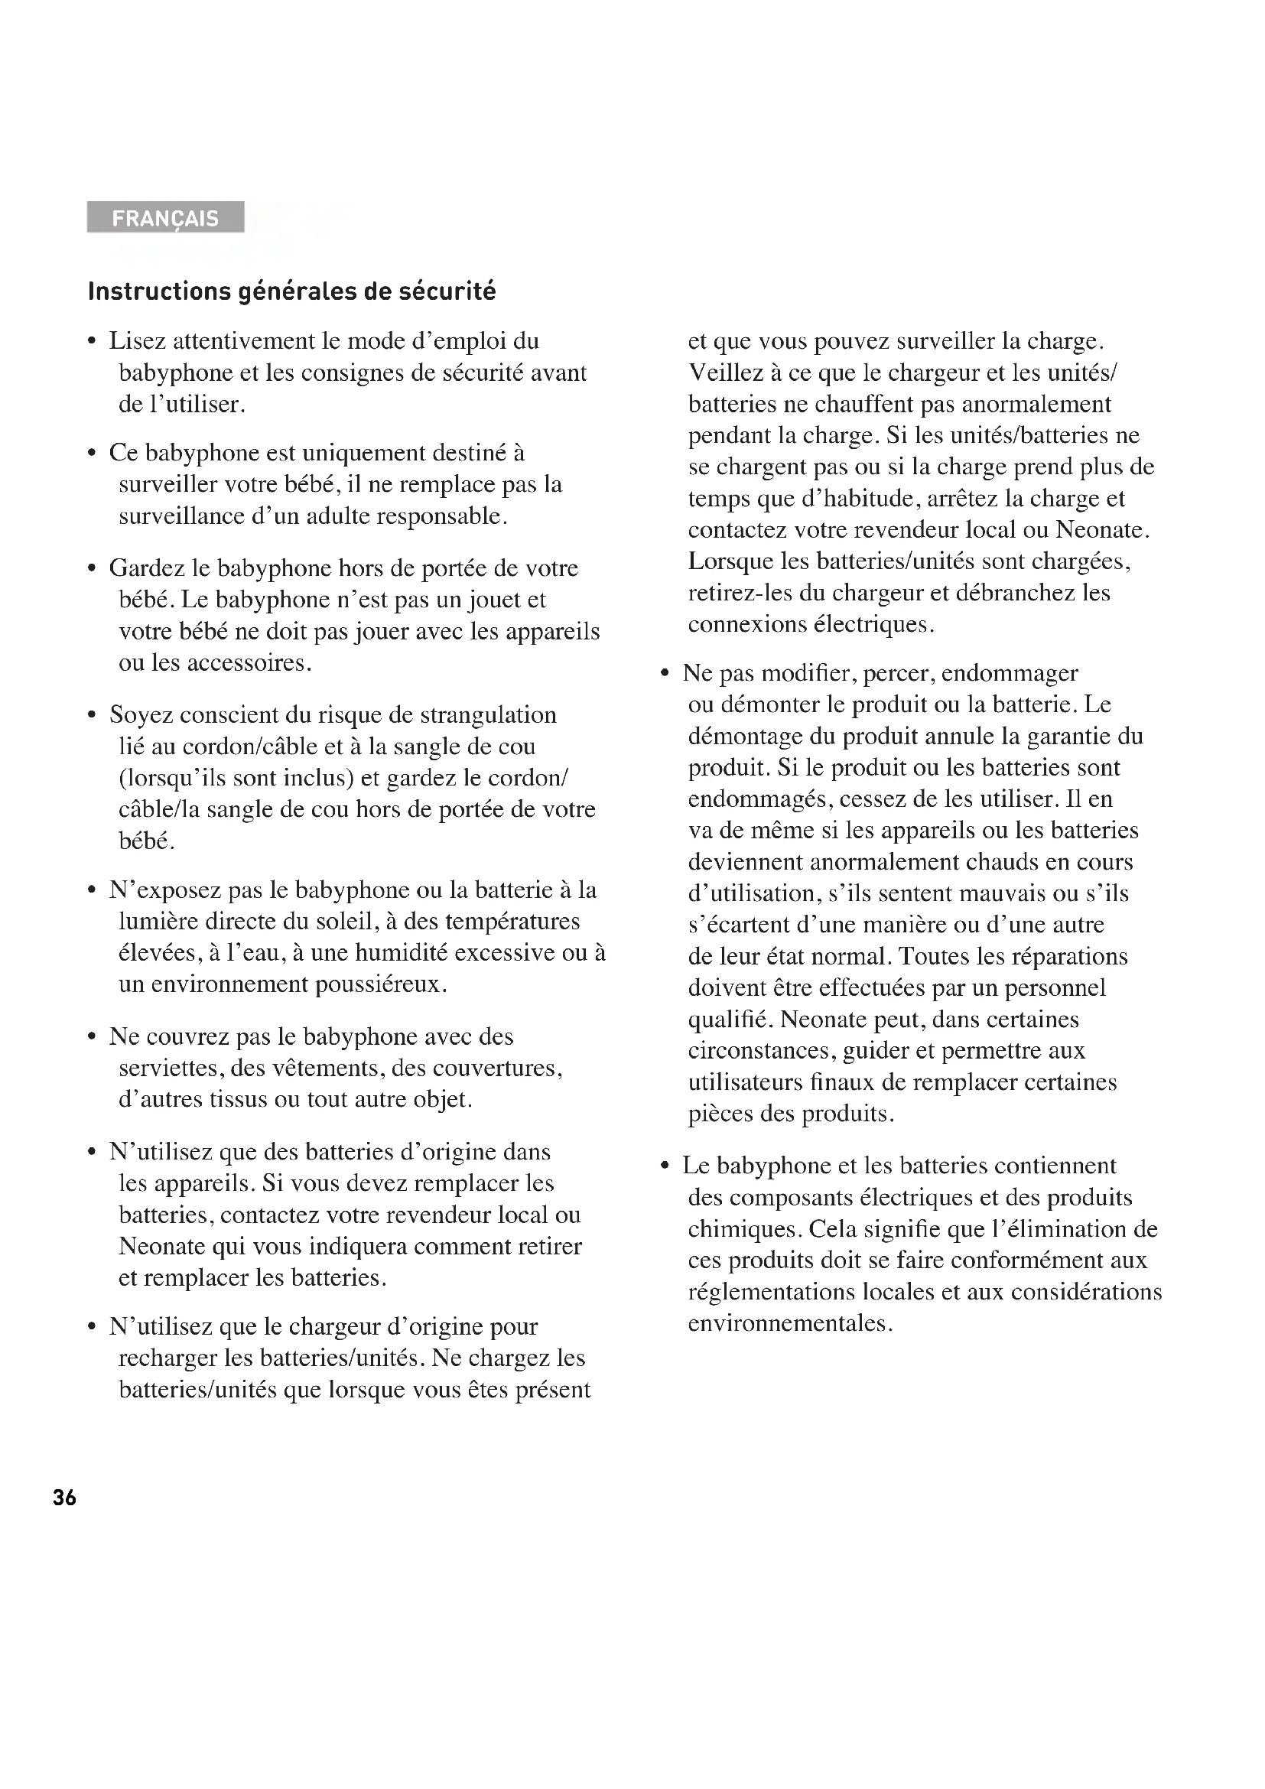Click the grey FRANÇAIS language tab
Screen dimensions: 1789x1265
click(x=165, y=217)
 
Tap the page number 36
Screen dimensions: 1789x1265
click(x=65, y=1498)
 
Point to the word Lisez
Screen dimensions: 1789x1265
click(x=137, y=341)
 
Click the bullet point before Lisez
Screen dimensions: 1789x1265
click(x=93, y=342)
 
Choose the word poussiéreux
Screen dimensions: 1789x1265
click(x=380, y=985)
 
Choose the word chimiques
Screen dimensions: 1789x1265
click(x=744, y=1230)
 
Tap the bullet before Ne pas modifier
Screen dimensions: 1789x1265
click(x=665, y=674)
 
